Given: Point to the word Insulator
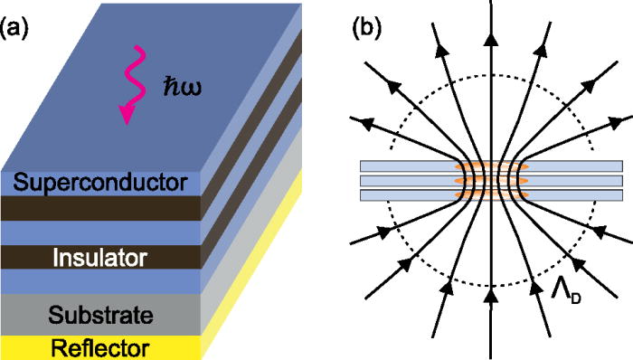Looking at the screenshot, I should pyautogui.click(x=99, y=258).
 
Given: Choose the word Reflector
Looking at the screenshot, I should pyautogui.click(x=99, y=347).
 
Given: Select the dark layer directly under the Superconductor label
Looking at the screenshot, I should pyautogui.click(x=99, y=207).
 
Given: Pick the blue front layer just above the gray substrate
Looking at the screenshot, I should pyautogui.click(x=99, y=282).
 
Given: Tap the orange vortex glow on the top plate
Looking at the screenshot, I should pyautogui.click(x=490, y=166).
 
